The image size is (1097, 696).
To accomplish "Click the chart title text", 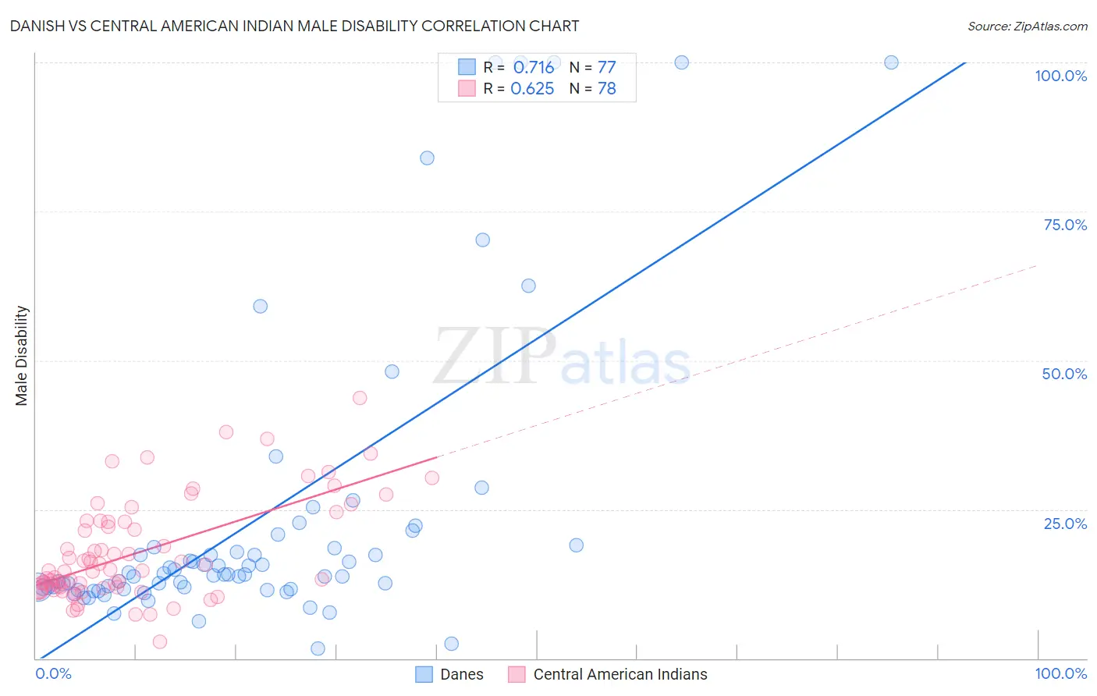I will pyautogui.click(x=294, y=26).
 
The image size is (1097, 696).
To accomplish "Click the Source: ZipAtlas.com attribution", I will pyautogui.click(x=1027, y=26).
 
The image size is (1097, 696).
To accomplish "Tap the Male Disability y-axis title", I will pyautogui.click(x=22, y=355).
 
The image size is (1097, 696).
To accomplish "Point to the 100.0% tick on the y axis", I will pyautogui.click(x=1060, y=76).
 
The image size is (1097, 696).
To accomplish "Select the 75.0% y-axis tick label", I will pyautogui.click(x=1065, y=225).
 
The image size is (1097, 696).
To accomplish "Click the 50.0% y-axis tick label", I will pyautogui.click(x=1064, y=374).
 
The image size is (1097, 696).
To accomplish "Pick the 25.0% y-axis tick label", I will pyautogui.click(x=1065, y=524).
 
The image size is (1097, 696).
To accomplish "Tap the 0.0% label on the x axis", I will pyautogui.click(x=53, y=673).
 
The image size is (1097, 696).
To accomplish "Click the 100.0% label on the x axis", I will pyautogui.click(x=1060, y=673).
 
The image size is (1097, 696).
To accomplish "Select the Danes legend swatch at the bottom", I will pyautogui.click(x=424, y=674).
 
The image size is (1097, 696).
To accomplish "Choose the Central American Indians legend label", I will pyautogui.click(x=620, y=674).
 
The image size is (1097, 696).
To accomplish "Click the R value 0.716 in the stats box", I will pyautogui.click(x=533, y=67).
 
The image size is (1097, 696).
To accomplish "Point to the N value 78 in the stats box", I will pyautogui.click(x=606, y=88).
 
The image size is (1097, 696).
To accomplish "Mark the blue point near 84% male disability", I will pyautogui.click(x=427, y=158).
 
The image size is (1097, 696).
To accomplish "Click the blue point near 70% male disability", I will pyautogui.click(x=483, y=240).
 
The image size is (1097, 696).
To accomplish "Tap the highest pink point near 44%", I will pyautogui.click(x=360, y=398).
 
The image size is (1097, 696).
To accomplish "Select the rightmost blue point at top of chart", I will pyautogui.click(x=891, y=62).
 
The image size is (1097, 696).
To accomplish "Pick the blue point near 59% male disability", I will pyautogui.click(x=261, y=307).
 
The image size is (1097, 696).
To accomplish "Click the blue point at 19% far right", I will pyautogui.click(x=577, y=545).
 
